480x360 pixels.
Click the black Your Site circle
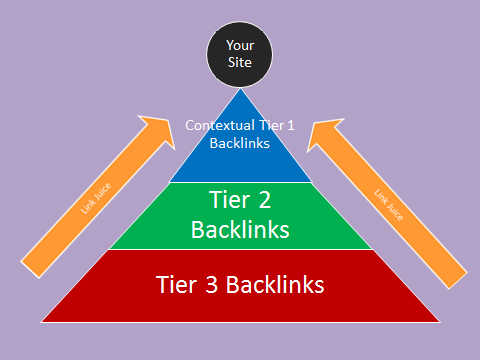[x=239, y=54]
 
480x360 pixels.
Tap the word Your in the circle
[x=239, y=45]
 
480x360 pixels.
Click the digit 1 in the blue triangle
[x=290, y=127]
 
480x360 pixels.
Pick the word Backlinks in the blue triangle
[x=240, y=144]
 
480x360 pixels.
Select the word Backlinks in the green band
[x=240, y=229]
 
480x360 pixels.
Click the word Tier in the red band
[x=176, y=284]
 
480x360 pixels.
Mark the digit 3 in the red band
[x=210, y=284]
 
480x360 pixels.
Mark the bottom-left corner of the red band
[x=43, y=321]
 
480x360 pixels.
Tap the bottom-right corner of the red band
[x=437, y=321]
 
